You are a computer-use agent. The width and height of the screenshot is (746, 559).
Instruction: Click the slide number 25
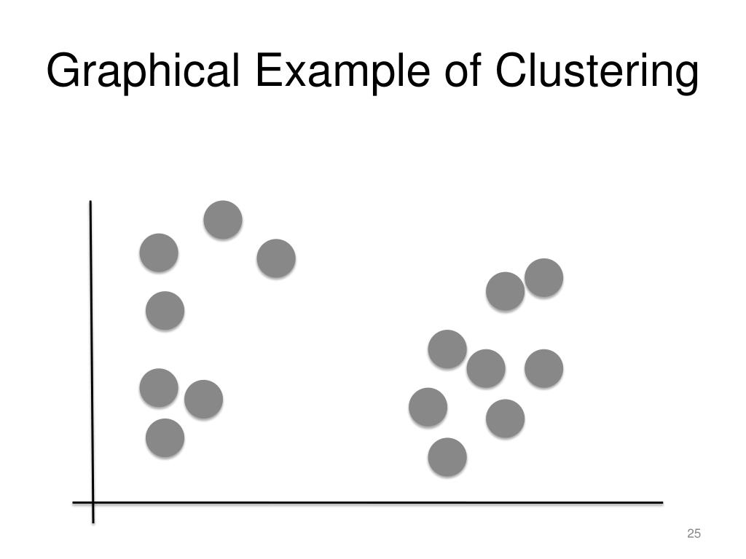[694, 534]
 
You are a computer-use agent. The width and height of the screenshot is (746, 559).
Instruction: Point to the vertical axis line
[91, 349]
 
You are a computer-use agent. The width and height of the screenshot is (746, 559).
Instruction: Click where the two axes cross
[93, 502]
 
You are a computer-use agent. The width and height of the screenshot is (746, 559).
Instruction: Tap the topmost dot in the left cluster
[223, 219]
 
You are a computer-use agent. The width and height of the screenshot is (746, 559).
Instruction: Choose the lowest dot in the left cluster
[165, 437]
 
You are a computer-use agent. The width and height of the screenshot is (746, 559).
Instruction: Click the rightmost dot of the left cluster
[276, 258]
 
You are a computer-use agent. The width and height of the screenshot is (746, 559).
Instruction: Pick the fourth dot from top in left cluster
[165, 311]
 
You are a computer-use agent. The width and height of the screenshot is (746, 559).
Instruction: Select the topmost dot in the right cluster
[544, 277]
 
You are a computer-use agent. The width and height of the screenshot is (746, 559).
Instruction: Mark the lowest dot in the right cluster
[447, 457]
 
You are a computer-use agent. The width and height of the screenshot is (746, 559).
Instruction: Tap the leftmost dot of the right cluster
[428, 407]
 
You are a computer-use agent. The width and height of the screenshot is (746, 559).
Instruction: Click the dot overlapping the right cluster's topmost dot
[504, 291]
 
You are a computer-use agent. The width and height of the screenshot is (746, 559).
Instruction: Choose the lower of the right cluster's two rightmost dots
[544, 368]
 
